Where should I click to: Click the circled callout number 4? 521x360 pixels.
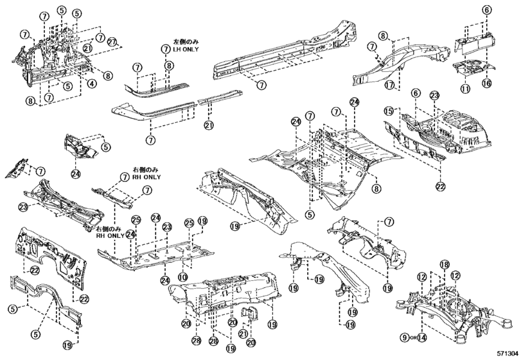coord(93,83)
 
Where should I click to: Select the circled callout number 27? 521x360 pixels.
coord(113,42)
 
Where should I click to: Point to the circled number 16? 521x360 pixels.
coord(486,84)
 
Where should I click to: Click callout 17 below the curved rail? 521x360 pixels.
coord(389,84)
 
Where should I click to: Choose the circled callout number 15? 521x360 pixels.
coord(387,111)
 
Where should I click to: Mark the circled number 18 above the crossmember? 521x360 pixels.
coord(444,265)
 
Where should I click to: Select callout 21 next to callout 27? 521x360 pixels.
coord(87,48)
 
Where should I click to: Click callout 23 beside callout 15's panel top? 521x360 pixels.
coord(435,95)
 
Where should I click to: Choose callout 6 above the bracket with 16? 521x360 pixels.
coord(487,10)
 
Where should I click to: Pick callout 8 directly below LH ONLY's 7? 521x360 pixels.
coord(168,66)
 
